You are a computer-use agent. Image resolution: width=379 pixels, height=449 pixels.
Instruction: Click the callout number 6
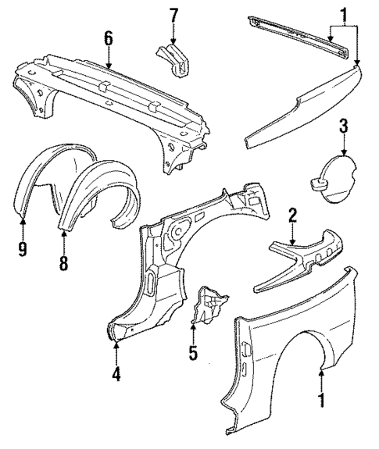click(108, 37)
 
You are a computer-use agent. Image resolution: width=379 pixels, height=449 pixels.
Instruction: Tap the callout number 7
click(174, 15)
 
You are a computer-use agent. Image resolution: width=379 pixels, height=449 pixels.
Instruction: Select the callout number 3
click(343, 126)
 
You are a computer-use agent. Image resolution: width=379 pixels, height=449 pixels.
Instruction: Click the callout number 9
click(23, 248)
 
